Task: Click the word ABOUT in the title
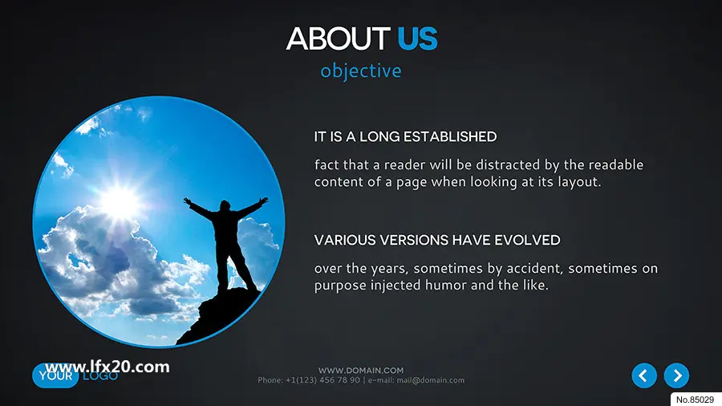338,39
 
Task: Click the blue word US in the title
417,39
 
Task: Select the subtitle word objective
360,71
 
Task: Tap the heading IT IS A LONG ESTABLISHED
405,136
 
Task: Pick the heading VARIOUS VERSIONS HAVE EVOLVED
437,240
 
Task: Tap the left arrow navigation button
644,376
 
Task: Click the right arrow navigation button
676,376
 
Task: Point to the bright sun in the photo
120,201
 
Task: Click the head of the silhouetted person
225,205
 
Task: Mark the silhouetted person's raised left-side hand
187,201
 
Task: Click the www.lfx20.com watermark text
107,367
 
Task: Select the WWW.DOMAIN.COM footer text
361,370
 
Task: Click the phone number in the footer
322,380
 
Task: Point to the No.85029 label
695,400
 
